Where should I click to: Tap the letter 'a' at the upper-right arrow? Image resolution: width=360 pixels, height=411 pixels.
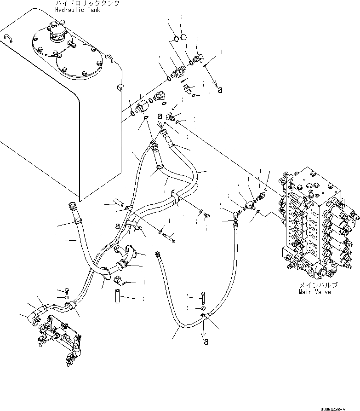click(220, 90)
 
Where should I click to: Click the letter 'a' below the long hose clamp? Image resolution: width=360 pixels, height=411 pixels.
click(206, 341)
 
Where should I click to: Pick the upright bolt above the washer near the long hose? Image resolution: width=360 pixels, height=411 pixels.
click(203, 296)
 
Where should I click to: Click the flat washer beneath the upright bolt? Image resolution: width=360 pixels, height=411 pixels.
click(203, 307)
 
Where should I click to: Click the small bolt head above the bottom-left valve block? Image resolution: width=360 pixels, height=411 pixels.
click(66, 290)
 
